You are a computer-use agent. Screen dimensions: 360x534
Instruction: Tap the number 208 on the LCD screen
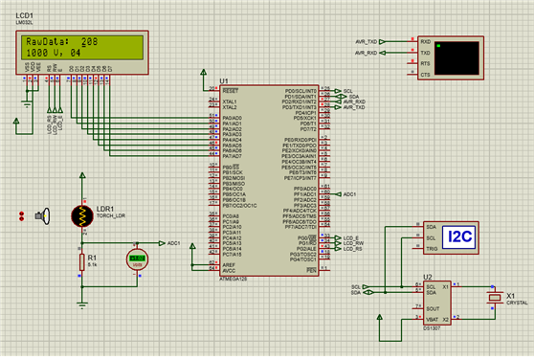90,43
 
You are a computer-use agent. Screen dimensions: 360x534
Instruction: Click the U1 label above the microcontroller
224,80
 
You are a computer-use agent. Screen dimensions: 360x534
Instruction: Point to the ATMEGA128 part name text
235,278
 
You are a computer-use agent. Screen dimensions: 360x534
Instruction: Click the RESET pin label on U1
231,89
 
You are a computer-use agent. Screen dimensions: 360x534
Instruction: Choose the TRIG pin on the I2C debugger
432,248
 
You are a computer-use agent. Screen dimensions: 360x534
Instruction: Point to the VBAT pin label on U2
433,319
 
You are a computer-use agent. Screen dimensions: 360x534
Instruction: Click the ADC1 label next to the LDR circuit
173,243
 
